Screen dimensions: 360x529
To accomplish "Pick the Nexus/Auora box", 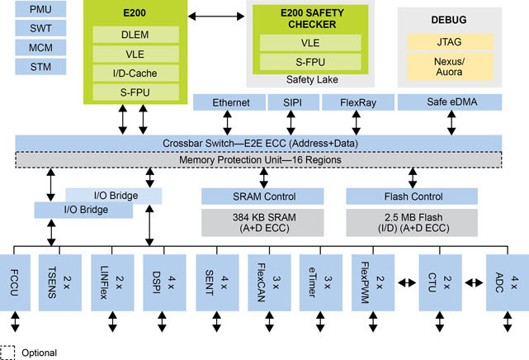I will click(x=449, y=66).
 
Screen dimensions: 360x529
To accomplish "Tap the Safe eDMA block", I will click(x=450, y=103).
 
